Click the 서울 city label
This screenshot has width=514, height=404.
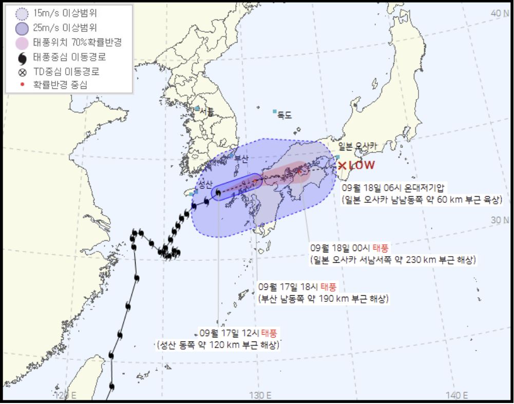click(x=206, y=111)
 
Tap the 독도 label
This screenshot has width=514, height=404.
click(x=284, y=116)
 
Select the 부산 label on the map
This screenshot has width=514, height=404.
click(x=241, y=159)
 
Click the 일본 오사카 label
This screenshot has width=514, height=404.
click(x=357, y=146)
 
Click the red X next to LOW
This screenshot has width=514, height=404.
click(x=342, y=166)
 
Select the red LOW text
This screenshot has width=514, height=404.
click(x=362, y=165)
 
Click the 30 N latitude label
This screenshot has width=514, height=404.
click(x=500, y=220)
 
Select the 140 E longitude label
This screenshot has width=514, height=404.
click(x=456, y=395)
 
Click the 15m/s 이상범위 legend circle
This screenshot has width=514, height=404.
click(x=22, y=14)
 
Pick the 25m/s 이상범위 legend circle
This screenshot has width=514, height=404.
click(x=22, y=28)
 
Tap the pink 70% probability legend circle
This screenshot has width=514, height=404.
click(x=22, y=43)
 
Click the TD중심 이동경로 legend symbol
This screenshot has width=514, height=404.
click(x=22, y=72)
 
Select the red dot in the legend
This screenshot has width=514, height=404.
click(x=22, y=85)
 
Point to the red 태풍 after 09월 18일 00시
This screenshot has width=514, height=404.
click(x=381, y=247)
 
